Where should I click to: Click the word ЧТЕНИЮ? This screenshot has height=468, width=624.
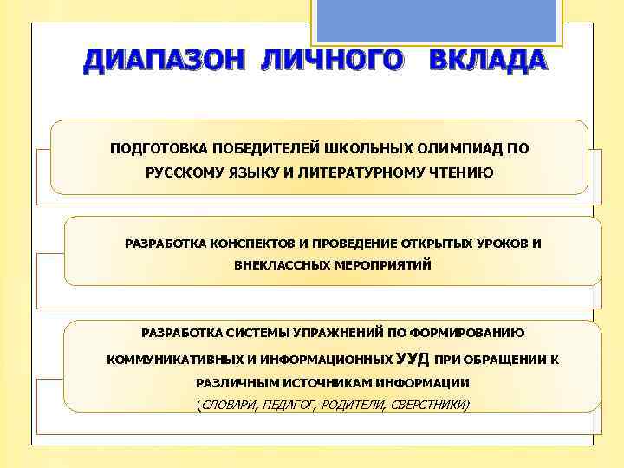point(462,172)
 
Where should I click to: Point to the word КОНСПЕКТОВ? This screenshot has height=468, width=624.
point(247,243)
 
